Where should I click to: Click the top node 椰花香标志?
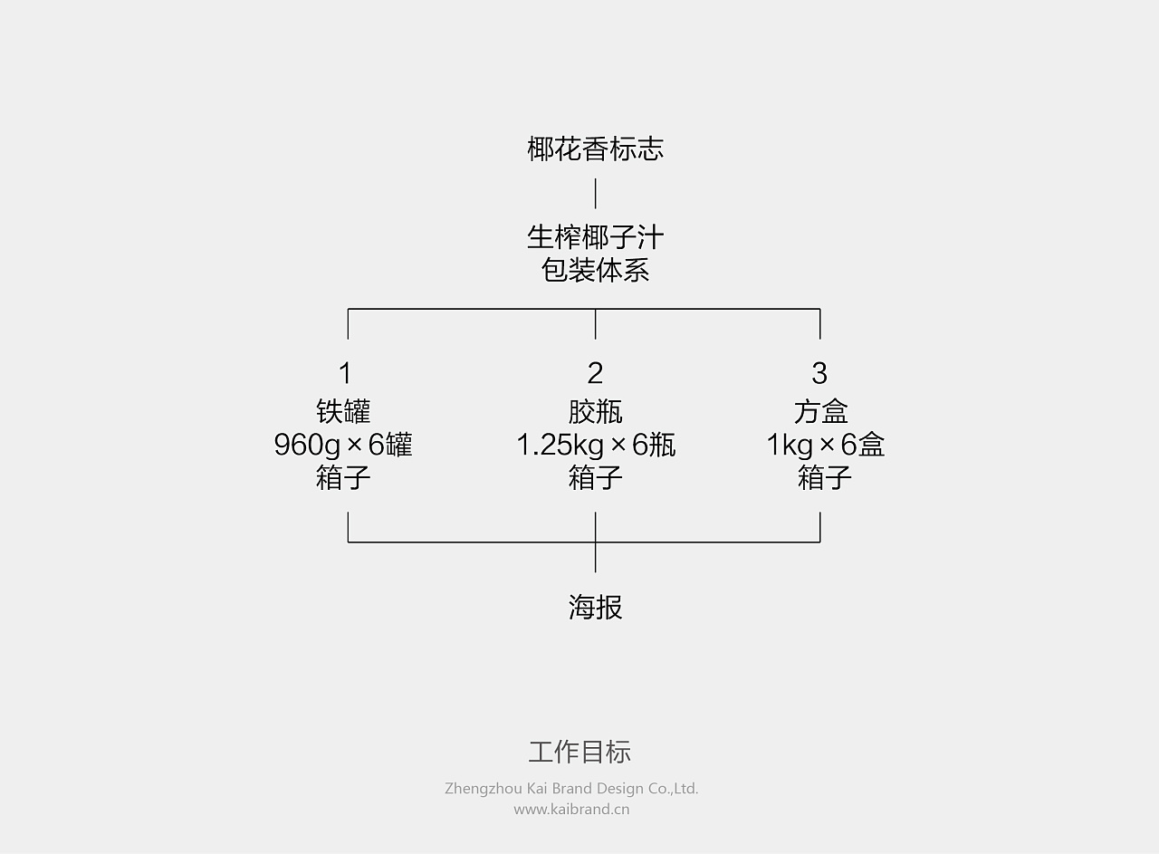coord(595,149)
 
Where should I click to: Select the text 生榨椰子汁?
coord(595,237)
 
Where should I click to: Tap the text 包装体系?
coord(595,270)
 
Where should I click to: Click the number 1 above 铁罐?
coord(344,373)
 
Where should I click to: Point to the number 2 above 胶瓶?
coord(595,373)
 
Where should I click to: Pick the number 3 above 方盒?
coord(819,373)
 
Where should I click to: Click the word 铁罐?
coord(344,411)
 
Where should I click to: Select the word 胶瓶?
coord(595,411)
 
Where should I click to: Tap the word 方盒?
coord(820,411)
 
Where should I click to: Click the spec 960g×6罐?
coord(343,445)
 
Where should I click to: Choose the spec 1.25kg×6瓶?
coord(595,445)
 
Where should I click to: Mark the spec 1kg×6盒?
coord(825,445)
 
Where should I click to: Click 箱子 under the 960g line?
coord(344,477)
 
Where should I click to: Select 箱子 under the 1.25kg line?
coord(595,477)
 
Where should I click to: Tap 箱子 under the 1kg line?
coord(824,477)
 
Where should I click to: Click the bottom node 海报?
coord(595,607)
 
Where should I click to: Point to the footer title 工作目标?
coord(579,752)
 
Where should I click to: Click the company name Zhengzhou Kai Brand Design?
coord(571,789)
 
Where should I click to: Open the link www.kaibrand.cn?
coord(571,810)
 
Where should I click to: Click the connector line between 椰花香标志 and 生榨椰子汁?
coord(595,194)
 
